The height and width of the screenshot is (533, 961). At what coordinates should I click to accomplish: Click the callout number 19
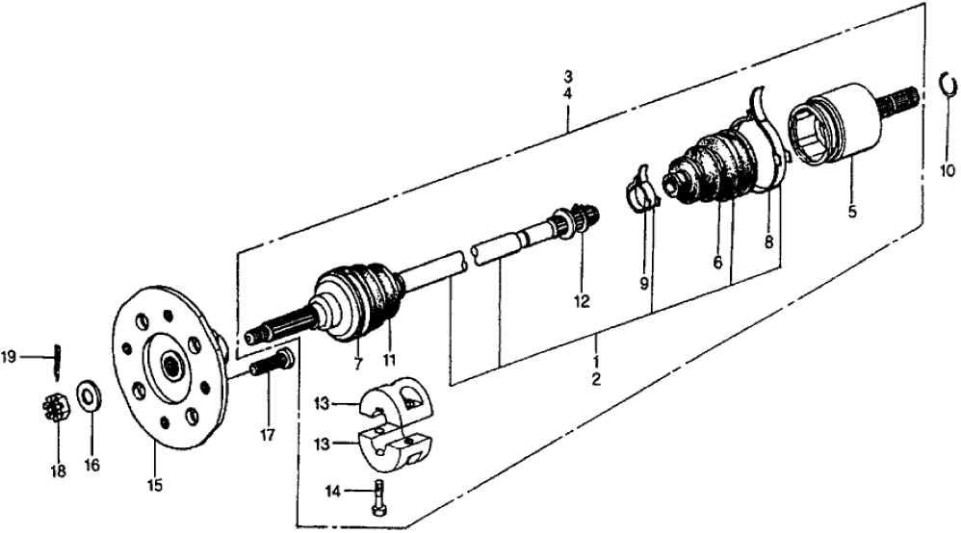[9, 357]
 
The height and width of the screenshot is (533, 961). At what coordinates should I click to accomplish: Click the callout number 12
[582, 301]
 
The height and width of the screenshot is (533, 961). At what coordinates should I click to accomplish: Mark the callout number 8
[769, 244]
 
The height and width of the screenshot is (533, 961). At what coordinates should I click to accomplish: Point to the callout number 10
[948, 173]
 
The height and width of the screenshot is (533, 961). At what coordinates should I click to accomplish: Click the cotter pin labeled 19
[57, 356]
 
